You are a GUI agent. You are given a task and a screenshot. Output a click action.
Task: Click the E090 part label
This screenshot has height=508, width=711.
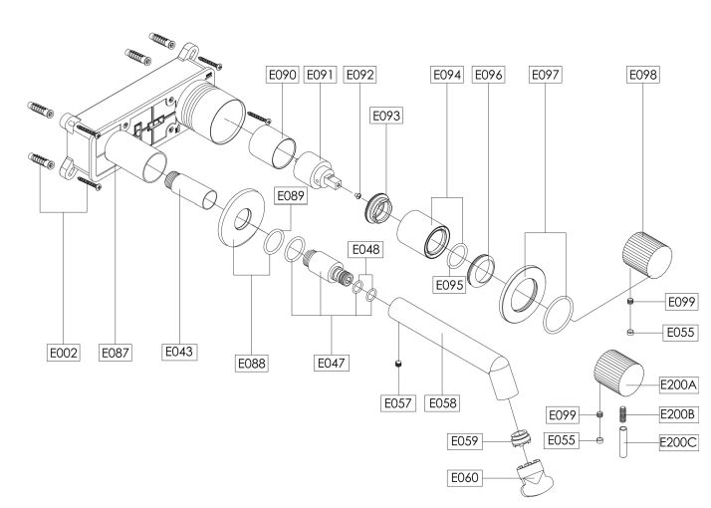coord(282,75)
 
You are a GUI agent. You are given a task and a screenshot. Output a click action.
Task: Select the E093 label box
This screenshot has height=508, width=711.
coord(386,116)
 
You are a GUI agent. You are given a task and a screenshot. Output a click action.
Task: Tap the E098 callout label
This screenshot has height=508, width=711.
coord(643,75)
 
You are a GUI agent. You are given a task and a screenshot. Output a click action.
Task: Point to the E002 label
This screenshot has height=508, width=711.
coord(64,353)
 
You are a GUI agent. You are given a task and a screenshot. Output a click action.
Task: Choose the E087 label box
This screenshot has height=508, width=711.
coord(116,353)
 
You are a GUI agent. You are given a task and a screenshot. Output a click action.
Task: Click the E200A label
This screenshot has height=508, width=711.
coord(678,385)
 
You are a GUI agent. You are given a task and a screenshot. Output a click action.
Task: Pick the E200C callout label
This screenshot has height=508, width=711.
coord(678,442)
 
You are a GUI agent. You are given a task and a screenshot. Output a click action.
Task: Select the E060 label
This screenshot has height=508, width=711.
coord(465,477)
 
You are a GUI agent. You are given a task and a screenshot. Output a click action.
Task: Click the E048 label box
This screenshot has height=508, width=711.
coord(365,249)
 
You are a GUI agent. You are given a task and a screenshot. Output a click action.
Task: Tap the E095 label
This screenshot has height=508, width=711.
coord(449,285)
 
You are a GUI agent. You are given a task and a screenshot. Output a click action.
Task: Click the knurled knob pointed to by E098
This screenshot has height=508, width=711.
coord(647,255)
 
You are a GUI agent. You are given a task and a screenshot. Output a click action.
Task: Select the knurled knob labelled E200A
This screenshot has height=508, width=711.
coord(619,373)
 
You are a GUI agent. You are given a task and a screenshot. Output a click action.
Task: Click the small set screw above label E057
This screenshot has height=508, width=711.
coord(398,364)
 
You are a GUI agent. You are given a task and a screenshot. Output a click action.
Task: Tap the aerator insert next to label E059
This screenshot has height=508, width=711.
coord(521,437)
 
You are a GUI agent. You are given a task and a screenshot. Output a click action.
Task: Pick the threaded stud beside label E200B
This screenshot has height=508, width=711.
coord(623,414)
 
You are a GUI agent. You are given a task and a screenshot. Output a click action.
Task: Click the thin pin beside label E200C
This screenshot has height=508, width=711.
coord(623,442)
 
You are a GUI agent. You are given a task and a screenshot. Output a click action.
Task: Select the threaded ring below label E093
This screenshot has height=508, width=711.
coord(378,208)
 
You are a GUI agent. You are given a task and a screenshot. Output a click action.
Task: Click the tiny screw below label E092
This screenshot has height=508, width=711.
coord(357,196)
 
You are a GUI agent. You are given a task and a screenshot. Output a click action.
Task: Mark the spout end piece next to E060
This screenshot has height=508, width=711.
coord(535,478)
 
